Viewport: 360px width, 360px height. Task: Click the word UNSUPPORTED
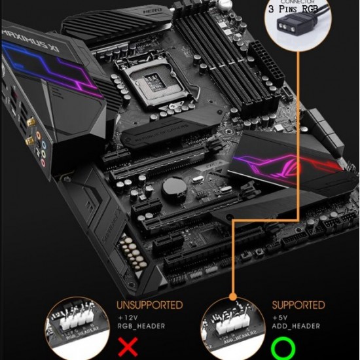click(150, 305)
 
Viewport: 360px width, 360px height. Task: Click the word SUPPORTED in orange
click(298, 305)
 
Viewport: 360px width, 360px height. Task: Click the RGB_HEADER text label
click(141, 326)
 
